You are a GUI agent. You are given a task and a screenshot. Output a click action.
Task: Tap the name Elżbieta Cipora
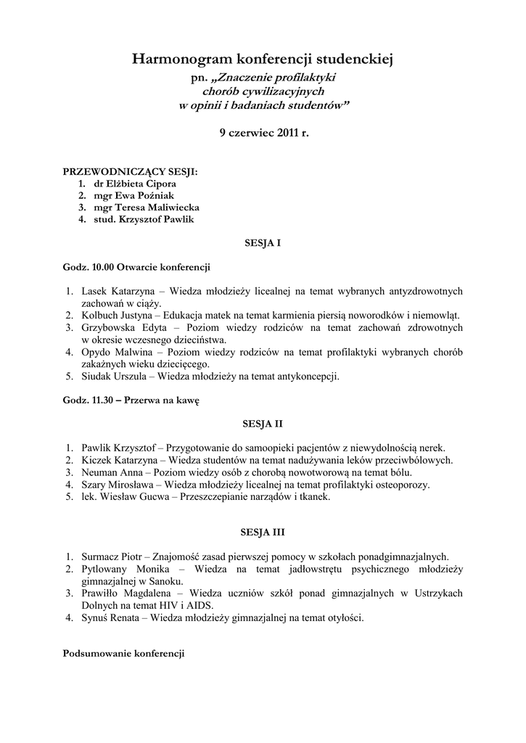pos(141,184)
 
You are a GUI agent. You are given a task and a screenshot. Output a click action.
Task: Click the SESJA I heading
pos(262,244)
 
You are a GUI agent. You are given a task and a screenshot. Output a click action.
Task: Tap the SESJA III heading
pos(263,533)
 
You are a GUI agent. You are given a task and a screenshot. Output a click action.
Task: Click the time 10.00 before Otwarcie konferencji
pos(102,266)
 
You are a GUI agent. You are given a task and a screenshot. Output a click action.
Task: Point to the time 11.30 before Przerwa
pos(102,400)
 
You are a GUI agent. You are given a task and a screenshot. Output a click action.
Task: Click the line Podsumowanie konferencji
pos(124,654)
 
